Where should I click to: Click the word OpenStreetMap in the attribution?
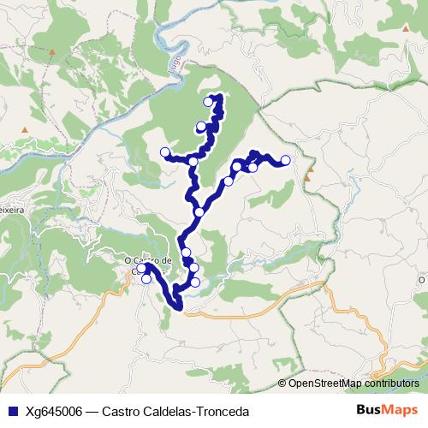(x=324, y=383)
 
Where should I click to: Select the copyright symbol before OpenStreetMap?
(x=282, y=383)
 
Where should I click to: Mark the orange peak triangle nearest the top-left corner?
(x=52, y=53)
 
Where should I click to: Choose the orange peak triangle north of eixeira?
(x=24, y=131)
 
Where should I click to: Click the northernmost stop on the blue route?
(x=208, y=102)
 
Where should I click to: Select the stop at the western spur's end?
(x=165, y=152)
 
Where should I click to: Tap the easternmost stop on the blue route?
(x=285, y=160)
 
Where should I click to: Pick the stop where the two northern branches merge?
(x=199, y=212)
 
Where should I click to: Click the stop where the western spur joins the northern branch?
(x=194, y=161)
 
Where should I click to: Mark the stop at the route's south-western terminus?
(x=141, y=269)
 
